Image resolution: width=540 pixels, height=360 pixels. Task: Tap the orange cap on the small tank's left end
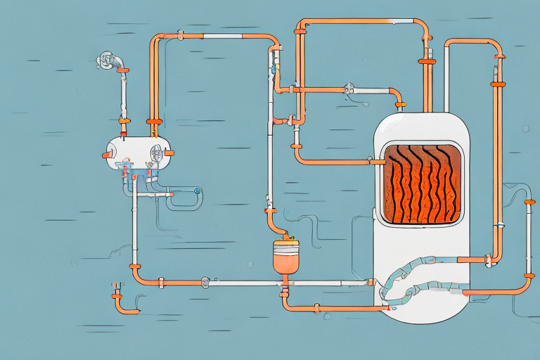click(107, 155)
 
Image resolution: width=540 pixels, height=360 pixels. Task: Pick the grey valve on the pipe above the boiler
click(347, 89)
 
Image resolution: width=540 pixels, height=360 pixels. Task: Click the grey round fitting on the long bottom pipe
click(205, 282)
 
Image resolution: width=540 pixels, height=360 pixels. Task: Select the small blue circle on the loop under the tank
click(198, 190)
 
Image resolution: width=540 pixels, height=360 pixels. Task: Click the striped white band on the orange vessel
click(285, 246)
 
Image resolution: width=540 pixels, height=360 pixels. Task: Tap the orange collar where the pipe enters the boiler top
click(401, 105)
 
